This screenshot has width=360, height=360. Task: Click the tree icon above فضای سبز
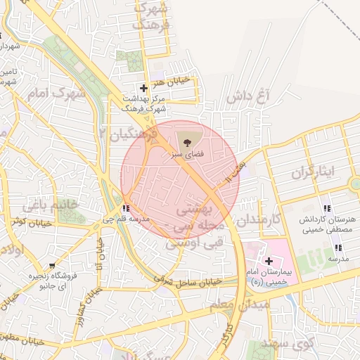pyautogui.click(x=186, y=141)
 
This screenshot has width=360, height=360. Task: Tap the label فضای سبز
pyautogui.click(x=186, y=153)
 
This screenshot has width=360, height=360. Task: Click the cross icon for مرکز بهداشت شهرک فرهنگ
pyautogui.click(x=144, y=89)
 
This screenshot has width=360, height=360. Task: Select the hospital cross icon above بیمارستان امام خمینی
pyautogui.click(x=269, y=261)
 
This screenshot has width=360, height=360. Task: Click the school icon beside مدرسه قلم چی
pyautogui.click(x=125, y=208)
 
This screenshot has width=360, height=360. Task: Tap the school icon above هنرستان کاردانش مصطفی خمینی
pyautogui.click(x=326, y=208)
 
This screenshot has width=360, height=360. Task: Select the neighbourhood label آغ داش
pyautogui.click(x=254, y=96)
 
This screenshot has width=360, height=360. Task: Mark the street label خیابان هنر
pyautogui.click(x=176, y=81)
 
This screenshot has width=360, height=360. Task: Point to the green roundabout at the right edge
pyautogui.click(x=354, y=185)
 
